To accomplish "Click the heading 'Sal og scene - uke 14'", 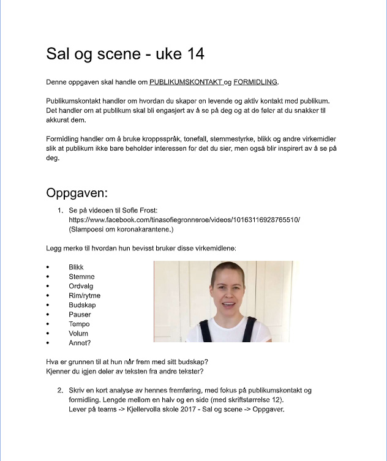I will (x=125, y=54).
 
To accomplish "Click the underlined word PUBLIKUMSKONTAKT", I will (x=186, y=82).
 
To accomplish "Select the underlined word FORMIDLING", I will (x=255, y=82).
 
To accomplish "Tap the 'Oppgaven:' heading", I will (x=77, y=193).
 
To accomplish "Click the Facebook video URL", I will (x=184, y=219).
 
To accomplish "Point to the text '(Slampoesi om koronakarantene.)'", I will (x=121, y=229).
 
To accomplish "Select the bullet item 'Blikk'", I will (x=76, y=268).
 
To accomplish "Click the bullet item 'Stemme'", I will (x=81, y=277).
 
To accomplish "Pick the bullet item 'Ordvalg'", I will (x=82, y=287).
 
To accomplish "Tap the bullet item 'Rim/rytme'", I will (x=85, y=296).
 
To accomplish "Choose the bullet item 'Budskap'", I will (x=83, y=305).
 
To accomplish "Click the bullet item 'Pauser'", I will (x=80, y=315).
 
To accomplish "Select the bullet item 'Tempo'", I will (x=79, y=324).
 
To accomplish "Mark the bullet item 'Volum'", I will (x=79, y=334).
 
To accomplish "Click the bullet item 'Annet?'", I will (x=80, y=343).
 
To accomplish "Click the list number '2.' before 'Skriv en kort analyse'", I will (x=61, y=391).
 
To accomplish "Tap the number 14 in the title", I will (x=194, y=54).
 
